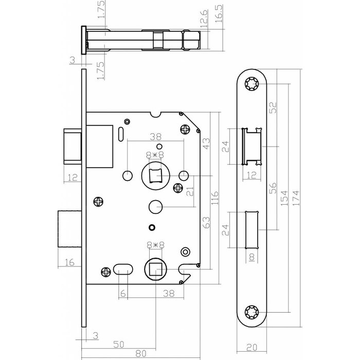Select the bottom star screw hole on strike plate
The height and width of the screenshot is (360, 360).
[252, 312]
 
